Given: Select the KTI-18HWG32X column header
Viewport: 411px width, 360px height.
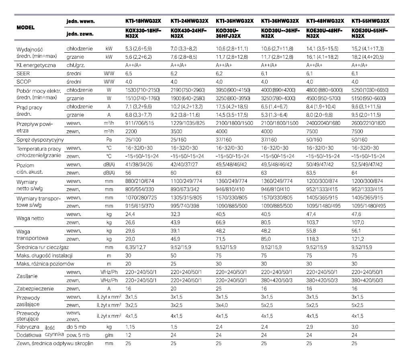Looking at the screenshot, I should point(143,21).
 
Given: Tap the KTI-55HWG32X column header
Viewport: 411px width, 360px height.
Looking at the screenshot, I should point(370,21).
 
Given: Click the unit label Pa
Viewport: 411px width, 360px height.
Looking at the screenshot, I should point(107,140).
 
